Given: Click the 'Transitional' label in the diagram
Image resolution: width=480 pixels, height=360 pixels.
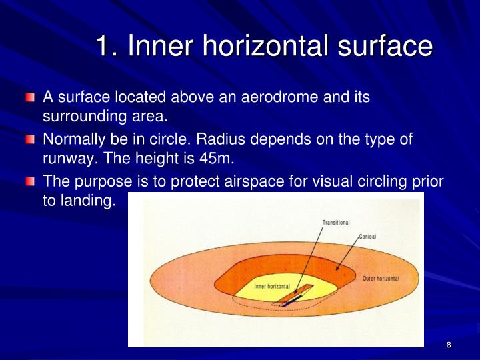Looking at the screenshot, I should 336,223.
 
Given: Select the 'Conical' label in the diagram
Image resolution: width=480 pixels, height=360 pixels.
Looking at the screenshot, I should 368,237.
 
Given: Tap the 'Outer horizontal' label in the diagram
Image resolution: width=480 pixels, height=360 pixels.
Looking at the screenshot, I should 381,278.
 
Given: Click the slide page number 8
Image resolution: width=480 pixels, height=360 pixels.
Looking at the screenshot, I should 449,345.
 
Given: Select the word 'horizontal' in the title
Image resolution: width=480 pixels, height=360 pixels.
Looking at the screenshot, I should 258,46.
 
